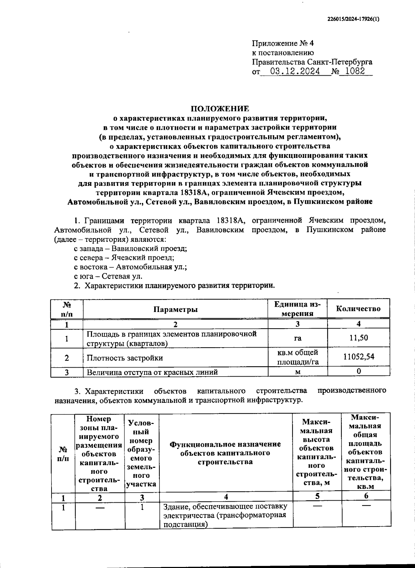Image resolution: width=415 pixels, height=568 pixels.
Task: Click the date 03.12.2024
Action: click(x=295, y=72)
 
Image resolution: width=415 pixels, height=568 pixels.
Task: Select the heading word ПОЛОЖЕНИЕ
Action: click(x=220, y=109)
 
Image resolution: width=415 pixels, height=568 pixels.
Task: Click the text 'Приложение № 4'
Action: click(x=283, y=44)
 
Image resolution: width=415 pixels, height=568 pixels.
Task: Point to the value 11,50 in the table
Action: click(x=358, y=338)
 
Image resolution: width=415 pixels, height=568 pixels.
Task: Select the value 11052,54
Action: click(x=358, y=357)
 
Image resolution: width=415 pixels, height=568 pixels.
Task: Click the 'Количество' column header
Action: click(x=358, y=309)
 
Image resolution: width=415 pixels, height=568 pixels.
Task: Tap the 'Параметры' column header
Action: click(x=176, y=309)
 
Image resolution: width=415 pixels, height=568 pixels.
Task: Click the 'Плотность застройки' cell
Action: click(x=125, y=358)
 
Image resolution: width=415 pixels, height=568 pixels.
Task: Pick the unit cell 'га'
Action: click(x=297, y=338)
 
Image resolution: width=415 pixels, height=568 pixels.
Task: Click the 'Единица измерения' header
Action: click(x=297, y=309)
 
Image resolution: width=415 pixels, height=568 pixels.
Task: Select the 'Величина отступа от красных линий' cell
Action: click(x=152, y=372)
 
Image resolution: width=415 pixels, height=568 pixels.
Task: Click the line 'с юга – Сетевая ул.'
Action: click(x=108, y=276)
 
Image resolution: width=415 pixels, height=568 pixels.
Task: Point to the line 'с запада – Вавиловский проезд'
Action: click(x=130, y=248)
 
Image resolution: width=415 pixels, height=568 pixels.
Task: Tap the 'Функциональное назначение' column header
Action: click(x=225, y=453)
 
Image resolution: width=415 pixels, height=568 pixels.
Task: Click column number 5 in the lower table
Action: click(x=317, y=496)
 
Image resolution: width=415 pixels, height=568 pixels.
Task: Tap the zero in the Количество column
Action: click(x=359, y=371)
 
